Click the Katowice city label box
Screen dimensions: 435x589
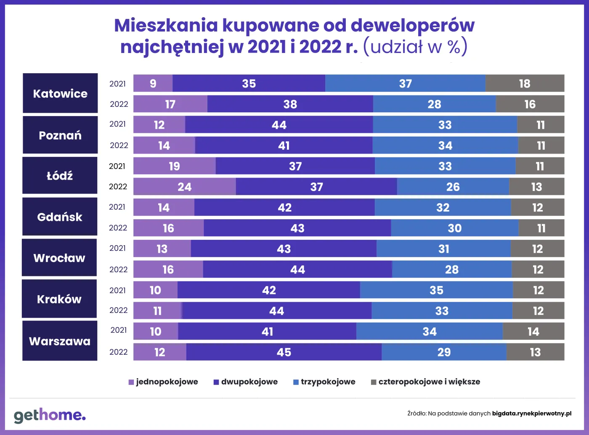point(60,93)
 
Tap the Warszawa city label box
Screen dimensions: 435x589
point(60,341)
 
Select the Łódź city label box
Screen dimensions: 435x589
point(60,175)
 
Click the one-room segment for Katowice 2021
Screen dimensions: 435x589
point(153,83)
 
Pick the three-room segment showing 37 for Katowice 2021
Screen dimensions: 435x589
point(405,83)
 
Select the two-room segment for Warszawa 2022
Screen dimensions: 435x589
point(284,352)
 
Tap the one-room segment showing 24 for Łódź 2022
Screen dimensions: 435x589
point(184,187)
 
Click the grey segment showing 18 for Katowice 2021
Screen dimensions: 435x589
point(525,83)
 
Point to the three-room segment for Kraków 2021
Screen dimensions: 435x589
point(436,290)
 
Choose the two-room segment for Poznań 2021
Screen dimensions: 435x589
point(279,125)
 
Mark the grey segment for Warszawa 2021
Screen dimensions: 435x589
point(533,332)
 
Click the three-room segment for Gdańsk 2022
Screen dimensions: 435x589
point(454,228)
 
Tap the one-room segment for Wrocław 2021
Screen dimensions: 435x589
point(162,249)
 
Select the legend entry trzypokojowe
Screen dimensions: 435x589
point(324,382)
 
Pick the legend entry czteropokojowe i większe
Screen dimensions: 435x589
point(425,382)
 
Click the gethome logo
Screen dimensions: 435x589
point(50,415)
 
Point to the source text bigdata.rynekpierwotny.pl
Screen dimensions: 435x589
point(532,414)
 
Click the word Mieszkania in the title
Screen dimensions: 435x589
point(166,25)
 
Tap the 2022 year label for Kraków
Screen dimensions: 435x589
point(118,310)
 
